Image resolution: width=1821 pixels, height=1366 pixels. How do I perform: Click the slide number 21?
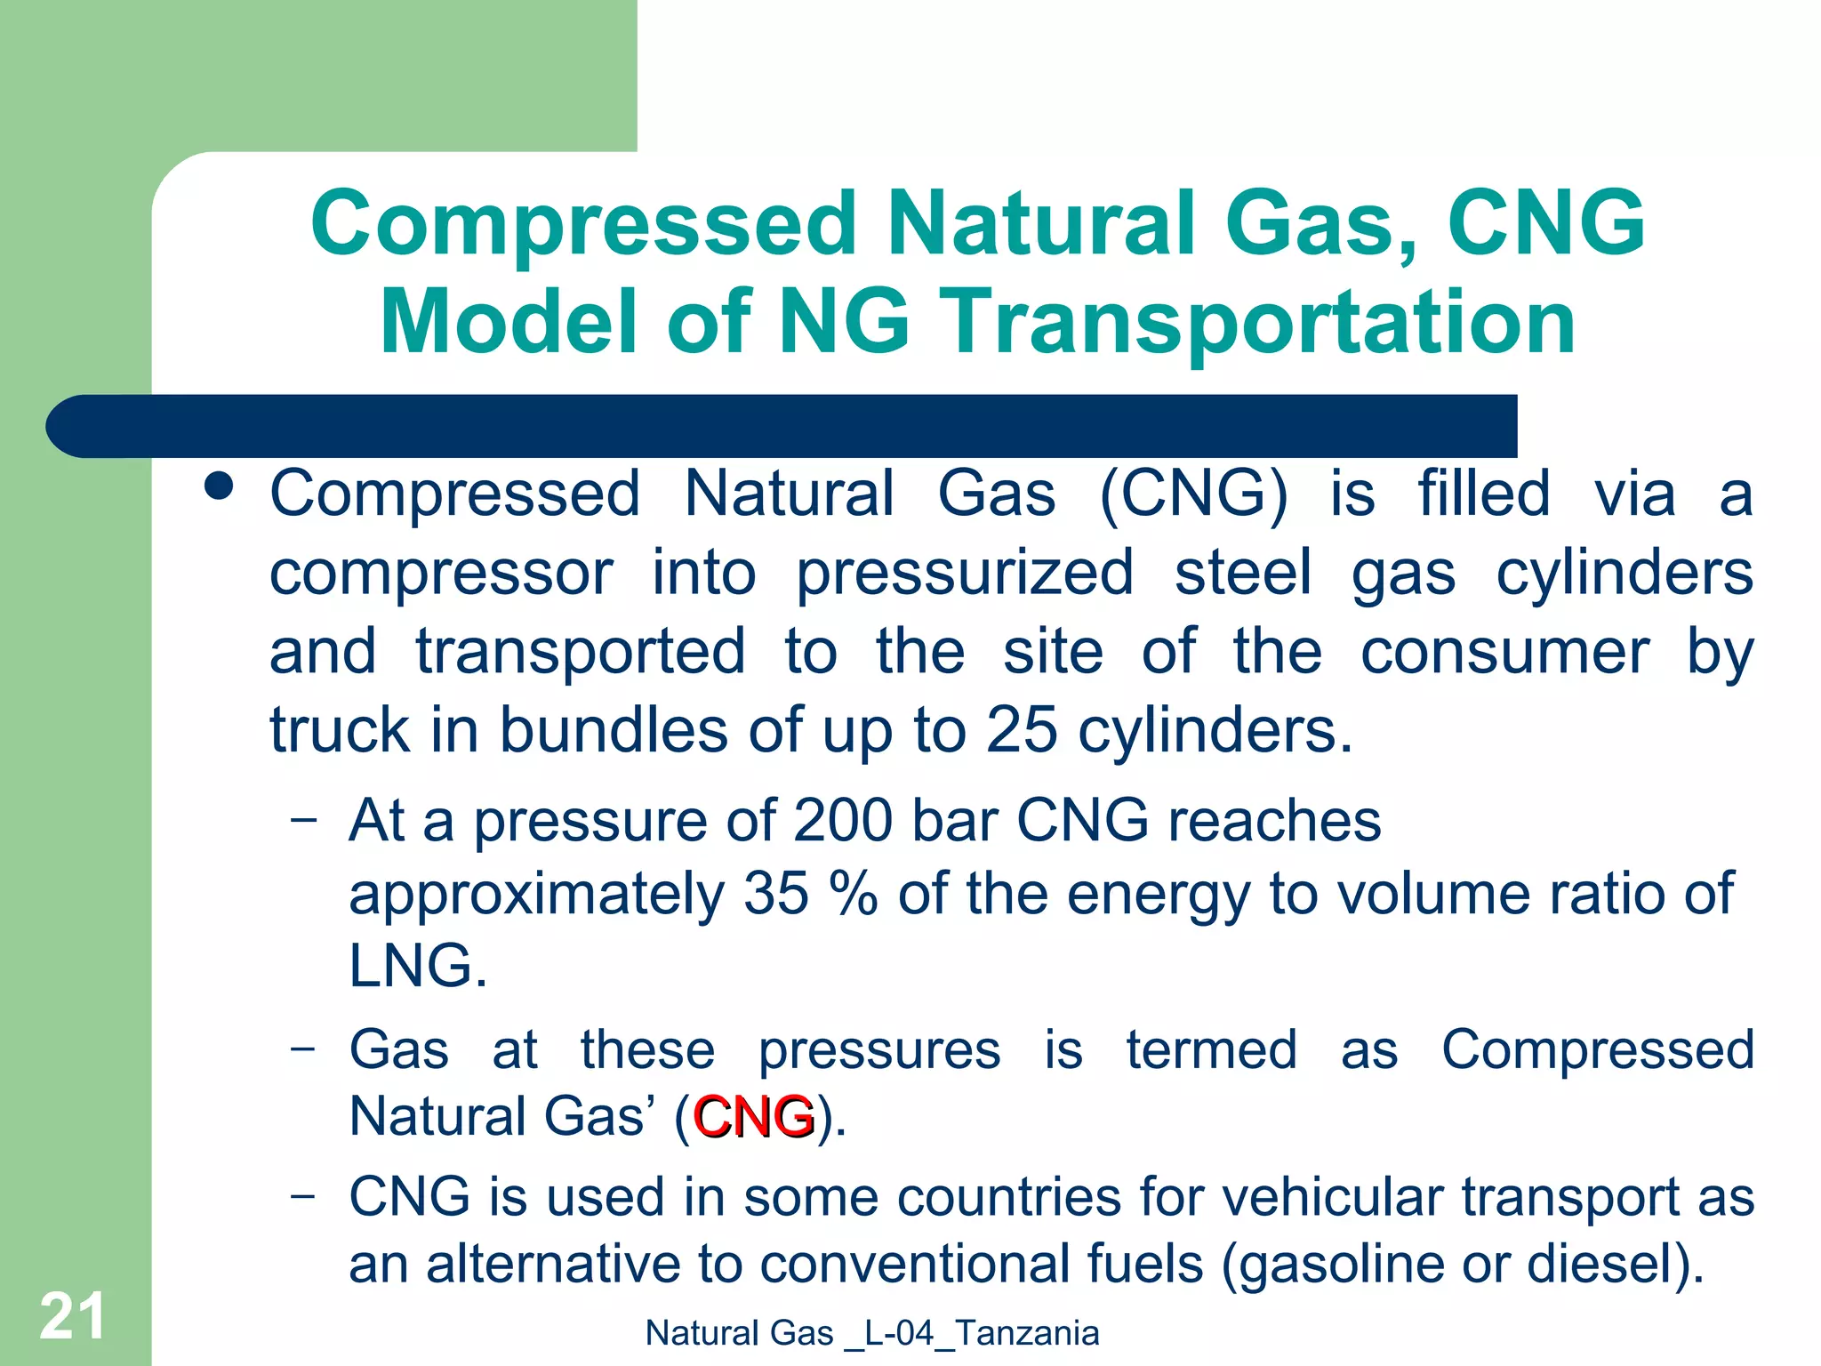pos(72,1316)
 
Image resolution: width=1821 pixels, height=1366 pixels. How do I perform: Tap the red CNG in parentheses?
pos(753,1117)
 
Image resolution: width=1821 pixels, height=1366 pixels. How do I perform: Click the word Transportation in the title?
pos(1257,322)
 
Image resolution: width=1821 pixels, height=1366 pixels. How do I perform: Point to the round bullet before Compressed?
pos(218,486)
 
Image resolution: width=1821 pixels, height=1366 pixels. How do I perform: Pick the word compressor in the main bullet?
pos(441,574)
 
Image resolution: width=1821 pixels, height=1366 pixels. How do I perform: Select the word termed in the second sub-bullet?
pos(1211,1050)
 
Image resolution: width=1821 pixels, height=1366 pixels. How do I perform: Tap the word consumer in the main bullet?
pos(1504,652)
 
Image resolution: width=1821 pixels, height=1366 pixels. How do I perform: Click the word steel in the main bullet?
pos(1242,574)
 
